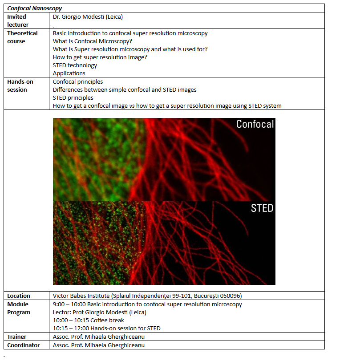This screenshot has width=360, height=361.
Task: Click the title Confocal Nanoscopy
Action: tap(35, 8)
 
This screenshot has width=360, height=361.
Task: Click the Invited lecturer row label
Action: tap(18, 21)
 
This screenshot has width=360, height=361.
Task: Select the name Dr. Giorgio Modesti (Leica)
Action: tap(88, 17)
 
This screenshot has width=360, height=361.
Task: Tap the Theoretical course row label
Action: tap(22, 37)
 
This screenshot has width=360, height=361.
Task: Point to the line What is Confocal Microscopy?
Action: tap(93, 41)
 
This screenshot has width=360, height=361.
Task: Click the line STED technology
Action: tap(75, 65)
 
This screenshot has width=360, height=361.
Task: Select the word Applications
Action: tap(69, 73)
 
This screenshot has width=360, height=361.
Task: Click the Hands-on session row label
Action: tap(20, 85)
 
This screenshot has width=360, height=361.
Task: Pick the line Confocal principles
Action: tap(78, 82)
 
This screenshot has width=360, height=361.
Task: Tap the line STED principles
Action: tap(73, 98)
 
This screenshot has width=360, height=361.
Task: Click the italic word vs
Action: tap(132, 106)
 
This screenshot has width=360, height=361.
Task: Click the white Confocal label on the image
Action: tap(255, 124)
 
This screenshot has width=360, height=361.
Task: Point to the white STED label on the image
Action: tap(262, 208)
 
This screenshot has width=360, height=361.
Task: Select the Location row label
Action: tap(19, 296)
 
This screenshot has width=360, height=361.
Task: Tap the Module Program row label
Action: tap(19, 308)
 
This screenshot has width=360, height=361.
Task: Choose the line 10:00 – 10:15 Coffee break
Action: tap(89, 320)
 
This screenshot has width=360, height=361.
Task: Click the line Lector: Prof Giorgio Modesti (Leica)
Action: tap(100, 312)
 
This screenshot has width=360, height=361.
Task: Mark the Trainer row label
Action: tap(16, 337)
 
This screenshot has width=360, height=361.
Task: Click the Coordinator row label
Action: tap(24, 345)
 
